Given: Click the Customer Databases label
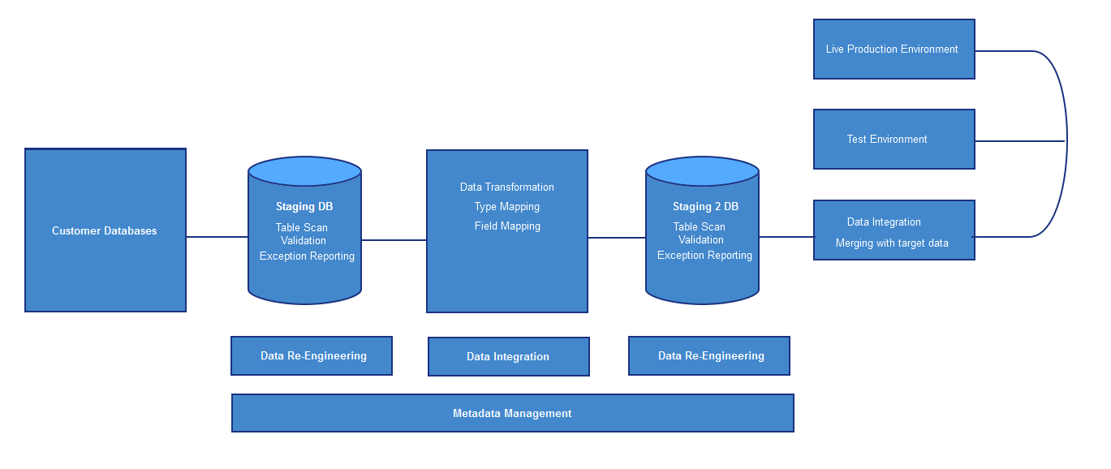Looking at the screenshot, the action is pyautogui.click(x=104, y=230).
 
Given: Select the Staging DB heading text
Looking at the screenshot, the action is pyautogui.click(x=304, y=206).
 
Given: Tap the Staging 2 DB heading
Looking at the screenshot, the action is pyautogui.click(x=705, y=206).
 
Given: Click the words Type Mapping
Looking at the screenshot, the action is pyautogui.click(x=507, y=207).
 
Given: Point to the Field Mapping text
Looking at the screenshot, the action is pyautogui.click(x=507, y=226).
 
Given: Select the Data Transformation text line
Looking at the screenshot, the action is pyautogui.click(x=507, y=187).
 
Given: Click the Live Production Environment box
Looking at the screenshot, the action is pyautogui.click(x=894, y=49).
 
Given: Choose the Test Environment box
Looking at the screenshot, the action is pyautogui.click(x=894, y=140).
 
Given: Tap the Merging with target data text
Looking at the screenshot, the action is pyautogui.click(x=892, y=243).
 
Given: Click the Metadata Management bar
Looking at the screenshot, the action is pyautogui.click(x=513, y=413).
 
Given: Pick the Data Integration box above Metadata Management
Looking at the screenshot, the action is pyautogui.click(x=509, y=356).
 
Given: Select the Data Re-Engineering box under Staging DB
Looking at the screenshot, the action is pyautogui.click(x=312, y=356).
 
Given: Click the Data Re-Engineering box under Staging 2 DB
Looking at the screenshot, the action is pyautogui.click(x=709, y=356).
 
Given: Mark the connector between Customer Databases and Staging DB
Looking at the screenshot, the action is pyautogui.click(x=217, y=237).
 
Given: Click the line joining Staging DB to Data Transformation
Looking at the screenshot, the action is pyautogui.click(x=394, y=240).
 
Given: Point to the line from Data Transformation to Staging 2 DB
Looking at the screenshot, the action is pyautogui.click(x=617, y=238).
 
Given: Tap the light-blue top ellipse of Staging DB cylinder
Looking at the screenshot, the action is pyautogui.click(x=304, y=171).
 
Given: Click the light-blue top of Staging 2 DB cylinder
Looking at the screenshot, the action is pyautogui.click(x=702, y=171).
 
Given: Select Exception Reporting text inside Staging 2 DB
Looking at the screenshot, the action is pyautogui.click(x=704, y=256).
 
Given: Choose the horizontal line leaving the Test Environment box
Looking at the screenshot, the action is pyautogui.click(x=1020, y=141).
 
